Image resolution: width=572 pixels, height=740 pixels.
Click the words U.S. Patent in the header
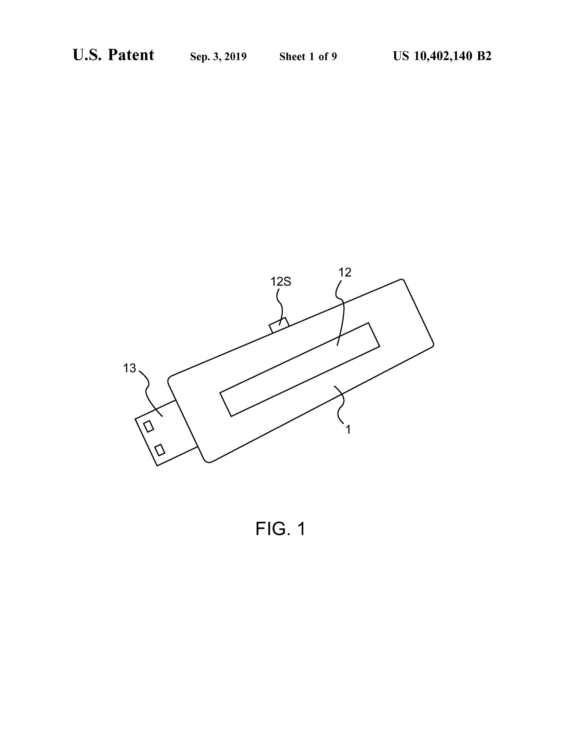[x=113, y=55]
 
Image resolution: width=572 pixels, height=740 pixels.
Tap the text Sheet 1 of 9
[x=308, y=57]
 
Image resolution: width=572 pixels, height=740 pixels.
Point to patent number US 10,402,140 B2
[x=442, y=56]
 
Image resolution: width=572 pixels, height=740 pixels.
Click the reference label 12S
[x=281, y=282]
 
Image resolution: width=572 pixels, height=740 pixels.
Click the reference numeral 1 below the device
[x=348, y=430]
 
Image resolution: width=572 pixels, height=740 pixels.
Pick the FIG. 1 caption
[x=280, y=529]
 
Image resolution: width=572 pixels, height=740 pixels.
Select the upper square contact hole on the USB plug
[x=149, y=426]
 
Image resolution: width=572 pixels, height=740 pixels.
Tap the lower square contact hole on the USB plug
[x=160, y=450]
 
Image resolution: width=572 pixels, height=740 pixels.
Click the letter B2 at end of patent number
[x=484, y=56]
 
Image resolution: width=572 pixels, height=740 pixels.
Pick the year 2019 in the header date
[x=235, y=57]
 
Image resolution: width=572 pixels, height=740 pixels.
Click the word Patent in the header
[x=131, y=55]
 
